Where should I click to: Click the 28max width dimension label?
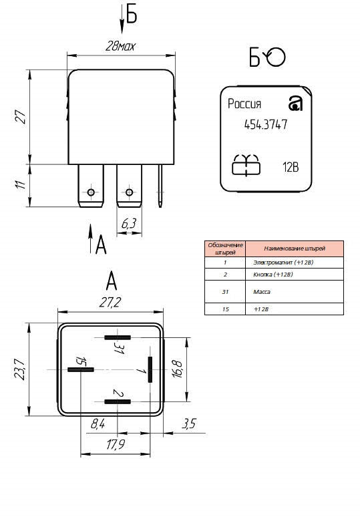[x=120, y=46]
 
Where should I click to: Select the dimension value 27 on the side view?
[x=21, y=117]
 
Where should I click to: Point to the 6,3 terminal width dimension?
[x=128, y=224]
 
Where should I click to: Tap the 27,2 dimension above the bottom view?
[x=110, y=302]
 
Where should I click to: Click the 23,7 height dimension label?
[x=19, y=369]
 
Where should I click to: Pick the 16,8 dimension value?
[x=177, y=369]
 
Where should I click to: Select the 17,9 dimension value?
[x=116, y=444]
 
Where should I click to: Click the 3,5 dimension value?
[x=189, y=423]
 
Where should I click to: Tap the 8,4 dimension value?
[x=98, y=423]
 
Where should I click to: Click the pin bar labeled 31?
[x=118, y=337]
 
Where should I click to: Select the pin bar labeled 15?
[x=81, y=369]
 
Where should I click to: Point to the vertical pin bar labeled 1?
[x=150, y=369]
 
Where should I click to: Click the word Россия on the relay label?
[x=244, y=104]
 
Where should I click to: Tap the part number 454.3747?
[x=266, y=125]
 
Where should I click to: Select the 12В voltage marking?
[x=291, y=167]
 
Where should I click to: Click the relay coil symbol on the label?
[x=246, y=164]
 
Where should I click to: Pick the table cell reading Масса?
[x=262, y=292]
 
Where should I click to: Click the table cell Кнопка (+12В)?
[x=273, y=275]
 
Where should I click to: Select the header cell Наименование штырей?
[x=295, y=248]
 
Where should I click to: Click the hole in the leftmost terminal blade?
[x=91, y=192]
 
